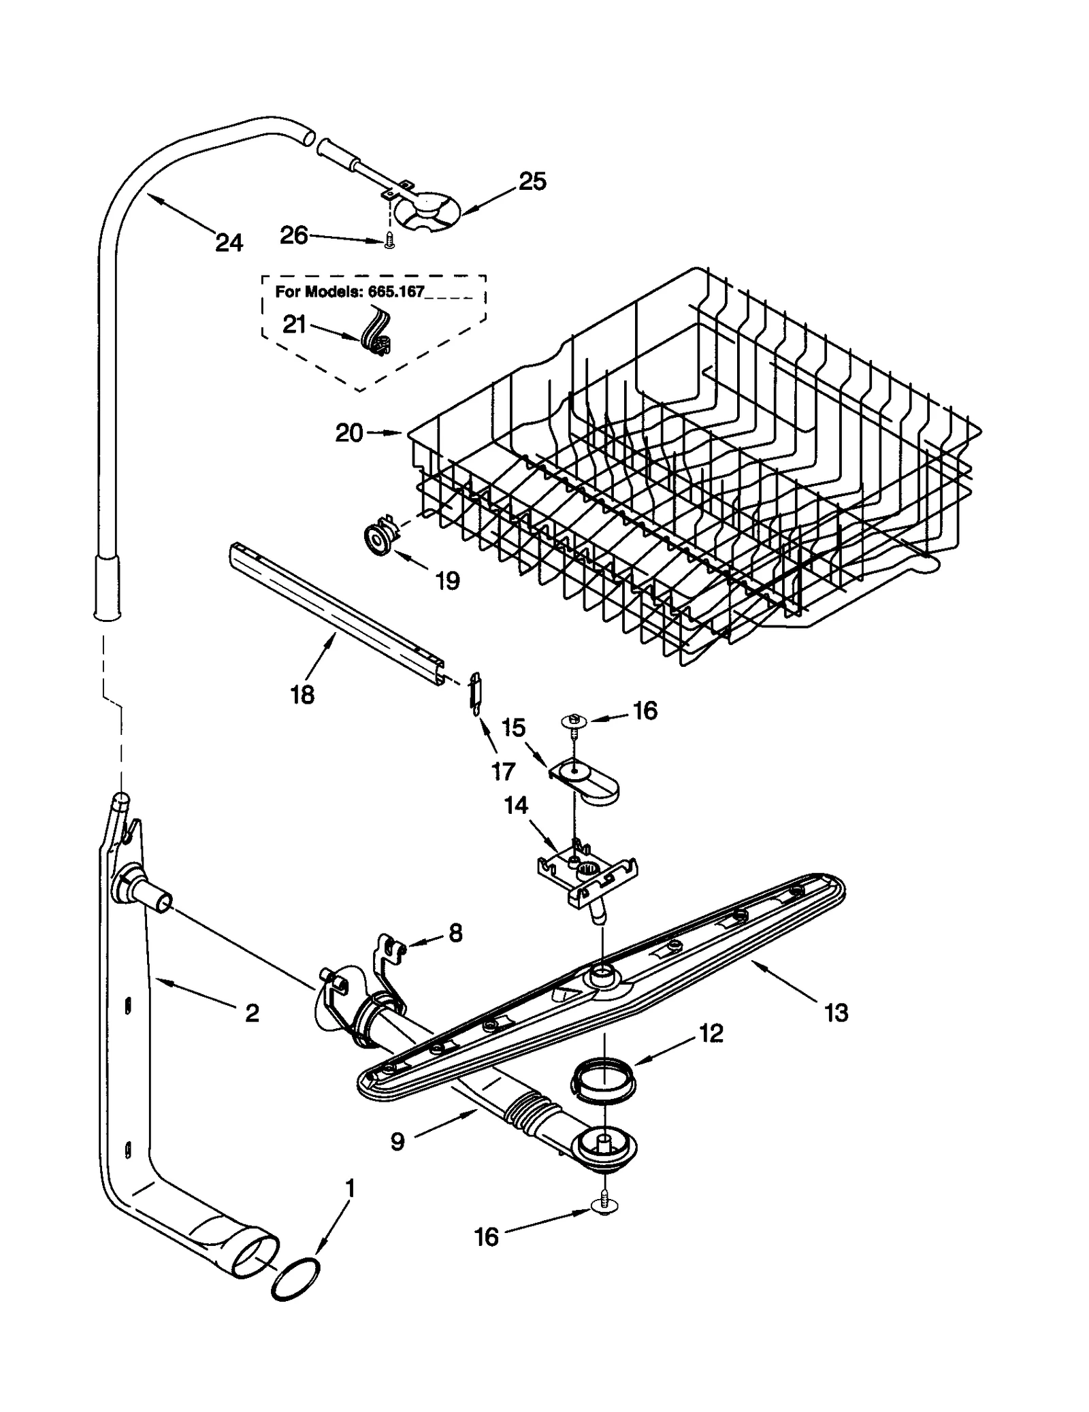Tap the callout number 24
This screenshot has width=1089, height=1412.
click(x=229, y=242)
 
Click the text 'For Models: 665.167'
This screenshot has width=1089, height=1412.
click(x=349, y=292)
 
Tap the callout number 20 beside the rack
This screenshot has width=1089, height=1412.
click(x=349, y=433)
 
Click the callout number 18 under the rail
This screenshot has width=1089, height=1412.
click(x=302, y=695)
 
